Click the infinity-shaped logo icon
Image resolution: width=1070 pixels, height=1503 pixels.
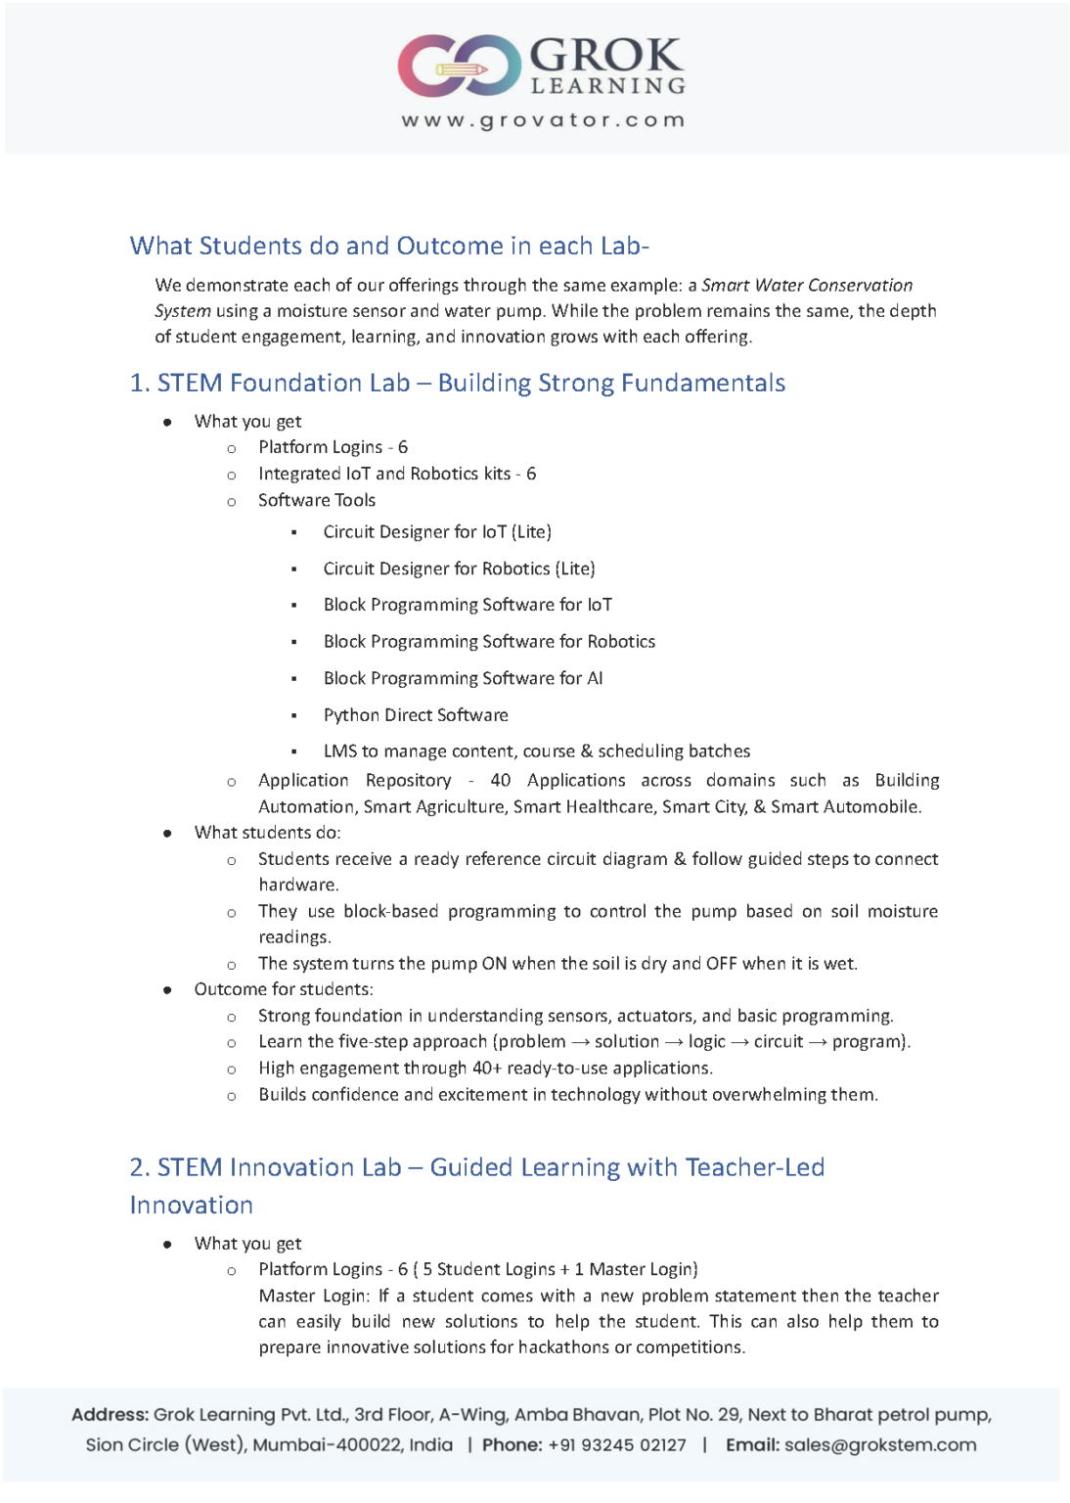pyautogui.click(x=459, y=66)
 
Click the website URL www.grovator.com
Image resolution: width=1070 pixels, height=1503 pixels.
pyautogui.click(x=543, y=120)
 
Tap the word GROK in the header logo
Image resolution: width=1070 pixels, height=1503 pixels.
pyautogui.click(x=605, y=55)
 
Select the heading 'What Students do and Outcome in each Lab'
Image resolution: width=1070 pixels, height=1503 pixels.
pyautogui.click(x=389, y=246)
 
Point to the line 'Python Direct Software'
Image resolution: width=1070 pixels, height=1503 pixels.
pyautogui.click(x=416, y=715)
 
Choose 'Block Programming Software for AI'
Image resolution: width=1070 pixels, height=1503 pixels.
pyautogui.click(x=463, y=678)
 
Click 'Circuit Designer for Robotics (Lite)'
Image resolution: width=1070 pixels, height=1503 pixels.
pyautogui.click(x=459, y=569)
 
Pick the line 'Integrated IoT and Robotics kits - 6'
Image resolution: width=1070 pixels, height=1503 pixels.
pyautogui.click(x=397, y=474)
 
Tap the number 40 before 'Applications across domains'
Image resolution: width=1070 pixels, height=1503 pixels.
pyautogui.click(x=501, y=780)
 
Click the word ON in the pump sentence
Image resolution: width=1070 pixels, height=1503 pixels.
pyautogui.click(x=494, y=964)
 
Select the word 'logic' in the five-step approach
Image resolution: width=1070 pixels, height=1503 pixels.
pyautogui.click(x=706, y=1042)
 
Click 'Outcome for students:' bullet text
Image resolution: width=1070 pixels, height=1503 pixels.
pyautogui.click(x=284, y=989)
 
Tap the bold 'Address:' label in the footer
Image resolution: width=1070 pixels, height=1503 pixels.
pyautogui.click(x=110, y=1415)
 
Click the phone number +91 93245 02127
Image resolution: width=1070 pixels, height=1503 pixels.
pyautogui.click(x=617, y=1445)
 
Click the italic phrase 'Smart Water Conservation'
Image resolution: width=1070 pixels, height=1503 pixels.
pyautogui.click(x=807, y=286)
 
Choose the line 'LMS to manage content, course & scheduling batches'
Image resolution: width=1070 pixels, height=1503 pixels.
pyautogui.click(x=537, y=751)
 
